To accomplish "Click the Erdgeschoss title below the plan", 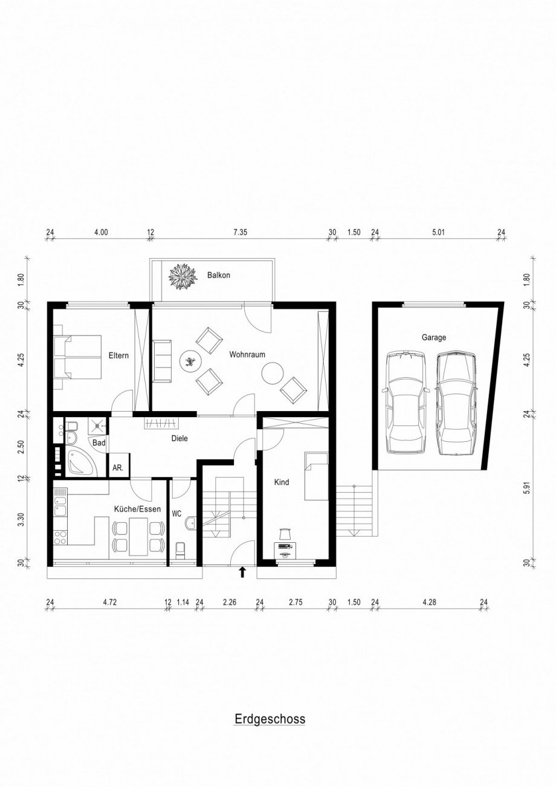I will coord(270,719).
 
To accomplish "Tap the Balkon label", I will coord(218,275).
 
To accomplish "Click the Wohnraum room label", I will coord(247,355).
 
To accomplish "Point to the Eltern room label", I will coord(118,355).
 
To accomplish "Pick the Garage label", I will coord(434,337).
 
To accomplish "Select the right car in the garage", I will coord(456,403).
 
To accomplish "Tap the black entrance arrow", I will coord(242,572).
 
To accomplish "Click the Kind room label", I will coord(282,482).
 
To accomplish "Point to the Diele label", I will coord(179,439).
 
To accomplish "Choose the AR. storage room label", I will coord(117,468).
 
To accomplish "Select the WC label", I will coord(176,514).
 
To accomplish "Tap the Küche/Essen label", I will coord(137,509).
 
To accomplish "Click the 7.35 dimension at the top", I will coord(241,232).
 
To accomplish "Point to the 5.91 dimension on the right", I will coord(528,488).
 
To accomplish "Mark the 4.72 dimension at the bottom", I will coord(109,601).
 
